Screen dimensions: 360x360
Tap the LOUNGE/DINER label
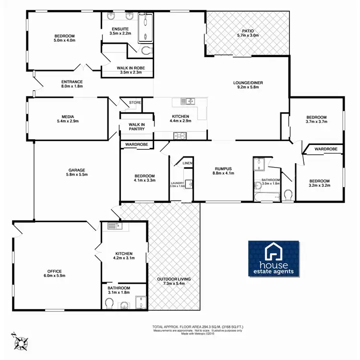click(248, 83)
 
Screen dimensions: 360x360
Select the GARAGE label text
click(76, 170)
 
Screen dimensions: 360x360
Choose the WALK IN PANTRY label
click(137, 127)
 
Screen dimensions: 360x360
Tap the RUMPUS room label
click(223, 169)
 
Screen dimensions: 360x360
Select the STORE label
click(135, 102)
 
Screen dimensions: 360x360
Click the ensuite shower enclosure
click(144, 27)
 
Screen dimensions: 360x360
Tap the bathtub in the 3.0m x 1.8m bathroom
click(266, 196)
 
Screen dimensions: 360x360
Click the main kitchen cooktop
click(180, 135)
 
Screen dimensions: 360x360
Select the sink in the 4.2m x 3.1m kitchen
click(114, 226)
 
